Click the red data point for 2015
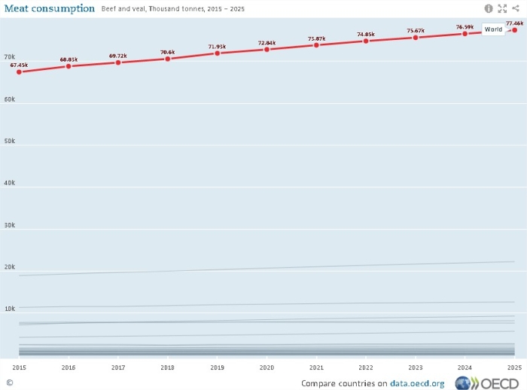[19, 72]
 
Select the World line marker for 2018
[168, 58]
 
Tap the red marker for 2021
[316, 44]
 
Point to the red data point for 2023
[416, 37]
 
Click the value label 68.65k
[69, 59]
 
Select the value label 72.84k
[267, 43]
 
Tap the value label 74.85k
[366, 34]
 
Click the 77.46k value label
[515, 23]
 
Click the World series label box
[493, 29]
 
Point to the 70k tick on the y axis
[10, 57]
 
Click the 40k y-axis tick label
[10, 183]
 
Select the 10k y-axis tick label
[10, 309]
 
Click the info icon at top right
[489, 8]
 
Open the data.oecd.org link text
[416, 383]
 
